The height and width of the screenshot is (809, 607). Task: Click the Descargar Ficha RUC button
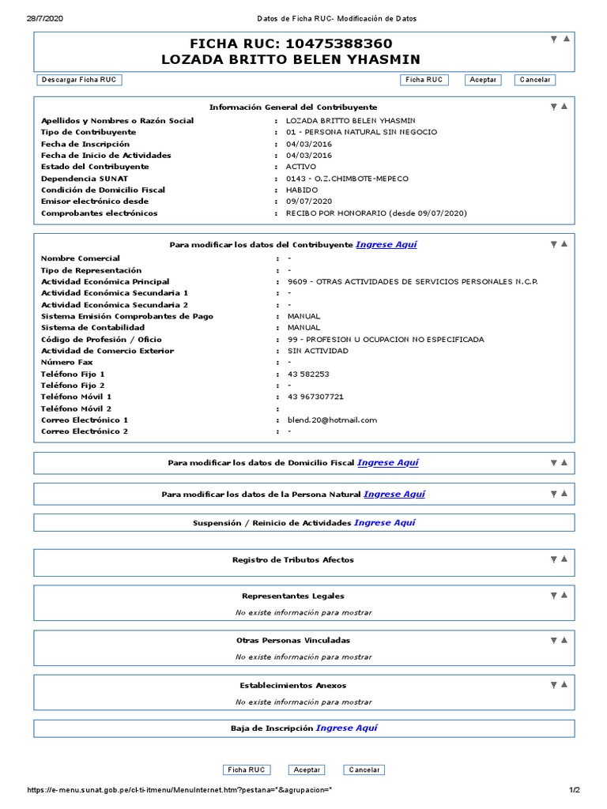pyautogui.click(x=79, y=80)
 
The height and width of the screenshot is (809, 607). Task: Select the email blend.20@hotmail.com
pyautogui.click(x=332, y=420)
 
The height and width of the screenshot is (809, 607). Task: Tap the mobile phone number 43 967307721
pyautogui.click(x=315, y=397)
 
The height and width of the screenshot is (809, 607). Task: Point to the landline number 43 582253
pyautogui.click(x=308, y=374)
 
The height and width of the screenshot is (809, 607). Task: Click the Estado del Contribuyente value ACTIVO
pyautogui.click(x=300, y=167)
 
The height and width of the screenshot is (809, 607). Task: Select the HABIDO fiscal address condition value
pyautogui.click(x=300, y=190)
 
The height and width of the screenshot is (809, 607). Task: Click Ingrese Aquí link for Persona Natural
pyautogui.click(x=394, y=495)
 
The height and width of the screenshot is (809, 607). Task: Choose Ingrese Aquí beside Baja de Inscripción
pyautogui.click(x=346, y=728)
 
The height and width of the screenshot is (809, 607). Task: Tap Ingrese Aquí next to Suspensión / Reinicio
pyautogui.click(x=384, y=523)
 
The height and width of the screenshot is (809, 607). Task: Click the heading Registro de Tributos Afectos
pyautogui.click(x=292, y=560)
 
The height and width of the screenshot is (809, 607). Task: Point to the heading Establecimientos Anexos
pyautogui.click(x=292, y=686)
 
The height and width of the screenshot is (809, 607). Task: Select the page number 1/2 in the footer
pyautogui.click(x=575, y=790)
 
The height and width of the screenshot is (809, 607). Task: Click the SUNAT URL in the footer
pyautogui.click(x=185, y=790)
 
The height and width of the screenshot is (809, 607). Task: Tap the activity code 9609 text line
pyautogui.click(x=412, y=282)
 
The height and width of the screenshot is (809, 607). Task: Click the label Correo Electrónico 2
pyautogui.click(x=85, y=431)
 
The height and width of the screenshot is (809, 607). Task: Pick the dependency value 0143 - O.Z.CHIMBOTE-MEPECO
pyautogui.click(x=347, y=179)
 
